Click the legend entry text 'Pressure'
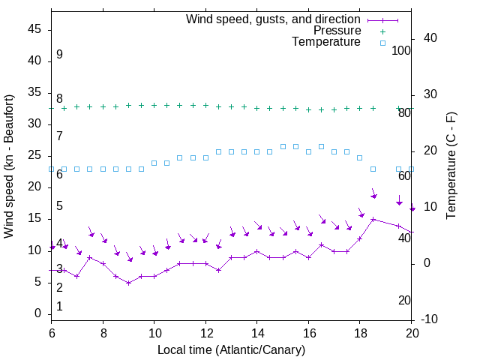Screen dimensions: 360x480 pyautogui.click(x=337, y=31)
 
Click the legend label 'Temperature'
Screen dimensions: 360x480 pyautogui.click(x=326, y=42)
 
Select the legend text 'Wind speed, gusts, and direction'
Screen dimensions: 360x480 pyautogui.click(x=273, y=19)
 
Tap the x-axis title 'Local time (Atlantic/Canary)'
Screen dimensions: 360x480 pyautogui.click(x=231, y=350)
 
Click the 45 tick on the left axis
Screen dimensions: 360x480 pyautogui.click(x=34, y=30)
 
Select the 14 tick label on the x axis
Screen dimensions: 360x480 pyautogui.click(x=256, y=334)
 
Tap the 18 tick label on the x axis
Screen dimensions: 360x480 pyautogui.click(x=359, y=334)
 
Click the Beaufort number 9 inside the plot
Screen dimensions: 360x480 pyautogui.click(x=59, y=55)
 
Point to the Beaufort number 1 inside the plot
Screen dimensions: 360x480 pyautogui.click(x=59, y=306)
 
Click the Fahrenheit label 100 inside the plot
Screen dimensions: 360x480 pyautogui.click(x=401, y=50)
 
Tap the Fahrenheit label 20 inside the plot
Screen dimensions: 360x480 pyautogui.click(x=404, y=300)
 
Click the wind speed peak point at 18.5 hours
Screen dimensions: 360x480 pyautogui.click(x=373, y=220)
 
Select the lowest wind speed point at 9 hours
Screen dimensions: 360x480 pyautogui.click(x=128, y=283)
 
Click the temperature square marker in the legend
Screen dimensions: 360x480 pyautogui.click(x=382, y=43)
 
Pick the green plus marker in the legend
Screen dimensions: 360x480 pyautogui.click(x=382, y=31)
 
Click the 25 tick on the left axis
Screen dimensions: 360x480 pyautogui.click(x=34, y=156)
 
